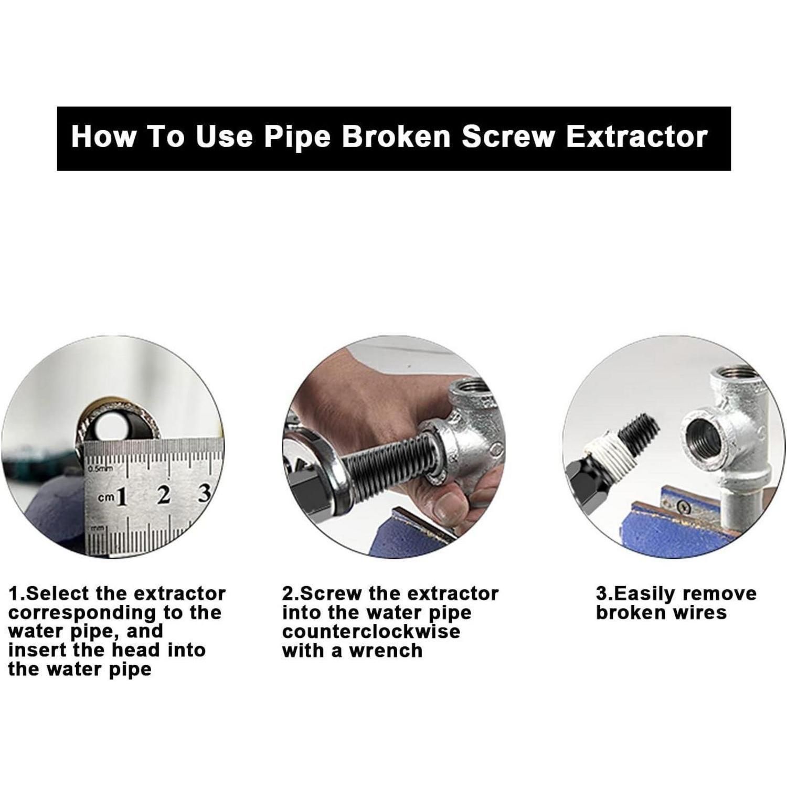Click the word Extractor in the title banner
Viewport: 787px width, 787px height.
point(637,136)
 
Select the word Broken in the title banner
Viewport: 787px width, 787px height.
point(396,136)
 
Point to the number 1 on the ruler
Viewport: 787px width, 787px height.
point(122,496)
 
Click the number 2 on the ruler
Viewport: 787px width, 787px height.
point(164,494)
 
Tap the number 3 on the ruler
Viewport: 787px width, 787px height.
point(204,493)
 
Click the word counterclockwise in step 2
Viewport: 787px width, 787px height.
point(371,631)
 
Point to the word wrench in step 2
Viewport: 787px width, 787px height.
point(386,651)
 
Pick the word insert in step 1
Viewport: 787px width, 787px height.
point(36,650)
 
